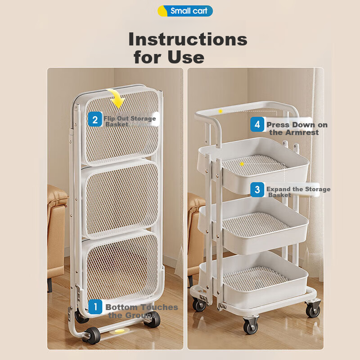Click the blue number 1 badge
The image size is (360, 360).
[x=95, y=306]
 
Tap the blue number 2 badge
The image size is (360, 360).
[x=95, y=119]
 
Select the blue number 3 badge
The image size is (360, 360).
[x=257, y=189]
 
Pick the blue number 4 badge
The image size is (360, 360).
[x=257, y=125]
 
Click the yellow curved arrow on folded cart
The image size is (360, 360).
[x=117, y=98]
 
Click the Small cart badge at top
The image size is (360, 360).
[x=185, y=11]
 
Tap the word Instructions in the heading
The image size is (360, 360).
[x=188, y=39]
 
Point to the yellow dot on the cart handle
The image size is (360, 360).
[x=220, y=111]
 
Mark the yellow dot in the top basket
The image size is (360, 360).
[x=242, y=164]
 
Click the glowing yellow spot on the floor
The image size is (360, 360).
[x=119, y=331]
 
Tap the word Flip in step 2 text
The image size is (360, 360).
[x=109, y=118]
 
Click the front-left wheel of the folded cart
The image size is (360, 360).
[x=91, y=335]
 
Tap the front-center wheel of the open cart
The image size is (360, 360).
[x=251, y=326]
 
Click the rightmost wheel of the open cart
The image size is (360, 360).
[x=313, y=310]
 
